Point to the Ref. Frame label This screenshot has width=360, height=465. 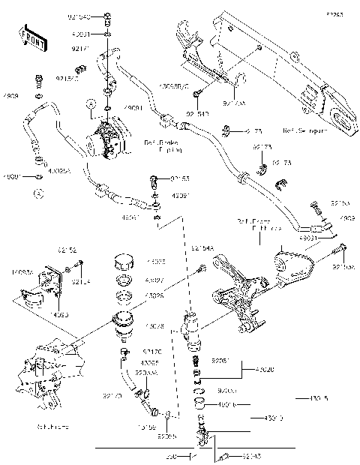(x=49, y=426)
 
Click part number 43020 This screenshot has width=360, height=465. (x=265, y=369)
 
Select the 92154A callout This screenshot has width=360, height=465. (x=202, y=247)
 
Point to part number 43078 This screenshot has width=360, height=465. (x=156, y=325)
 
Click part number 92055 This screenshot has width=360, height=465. (x=166, y=436)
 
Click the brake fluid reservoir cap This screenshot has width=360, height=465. (x=121, y=265)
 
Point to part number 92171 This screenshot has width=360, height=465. (x=101, y=48)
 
